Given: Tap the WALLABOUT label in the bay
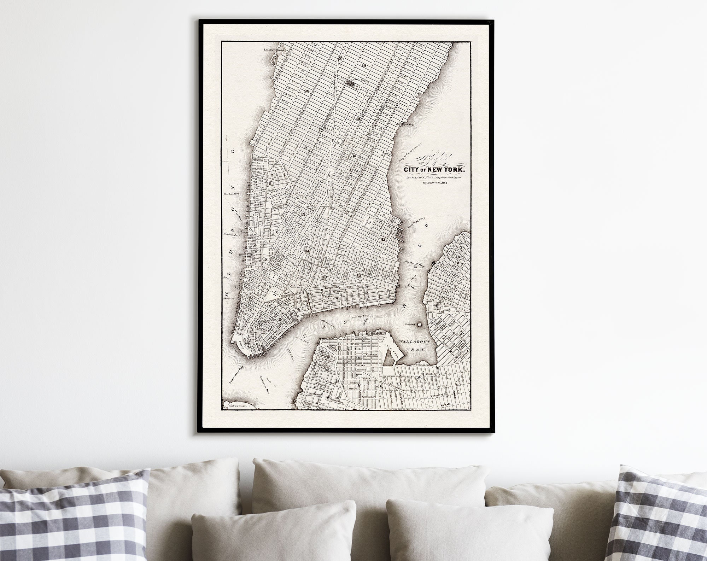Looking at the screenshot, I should tap(411, 342).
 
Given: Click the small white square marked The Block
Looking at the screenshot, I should tap(420, 324).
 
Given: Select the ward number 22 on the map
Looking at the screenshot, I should tap(340, 58).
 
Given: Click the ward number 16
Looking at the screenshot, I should tap(305, 147).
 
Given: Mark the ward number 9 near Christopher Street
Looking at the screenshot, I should tap(270, 183).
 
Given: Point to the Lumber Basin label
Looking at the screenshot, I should tap(271, 50).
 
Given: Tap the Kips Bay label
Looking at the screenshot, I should tap(407, 124).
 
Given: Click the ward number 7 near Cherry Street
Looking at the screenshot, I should tap(337, 299).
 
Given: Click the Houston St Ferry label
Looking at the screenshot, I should tap(414, 262).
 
